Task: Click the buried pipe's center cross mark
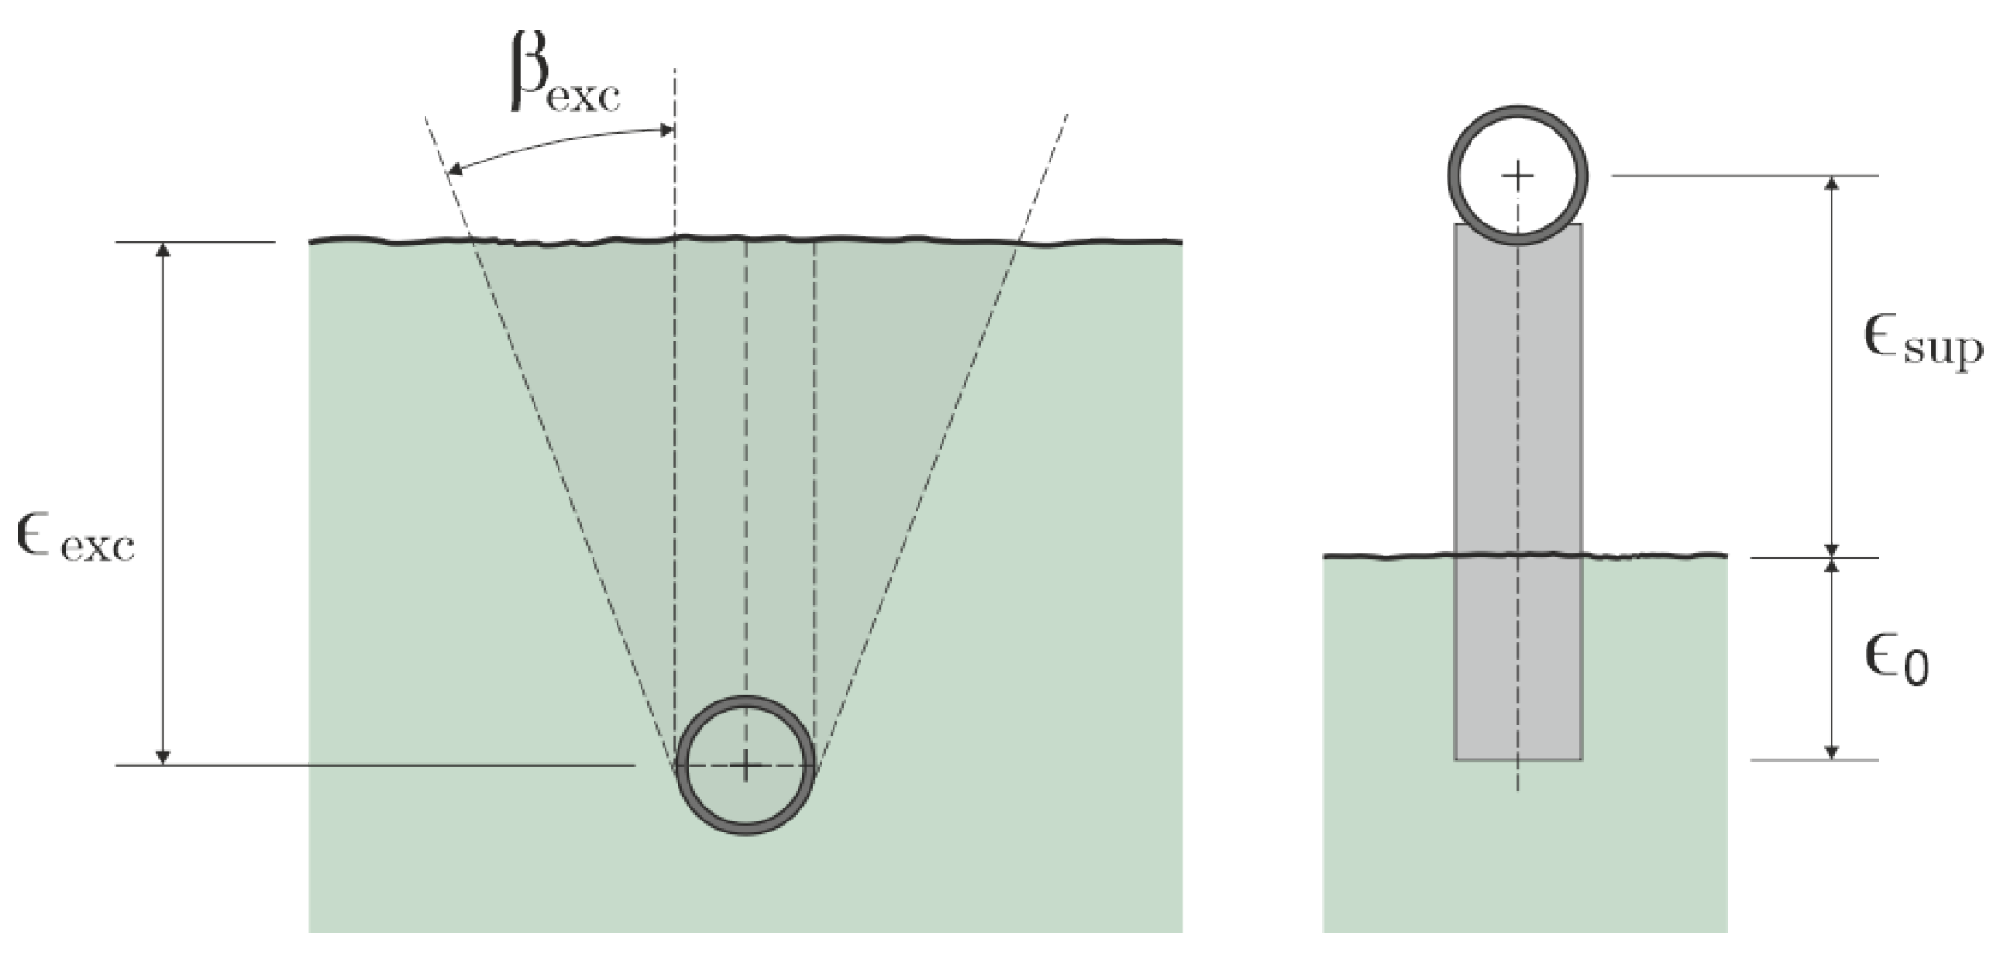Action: [x=746, y=765]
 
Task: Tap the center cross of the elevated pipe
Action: [x=1518, y=174]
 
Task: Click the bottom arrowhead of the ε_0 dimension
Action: [x=1833, y=752]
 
